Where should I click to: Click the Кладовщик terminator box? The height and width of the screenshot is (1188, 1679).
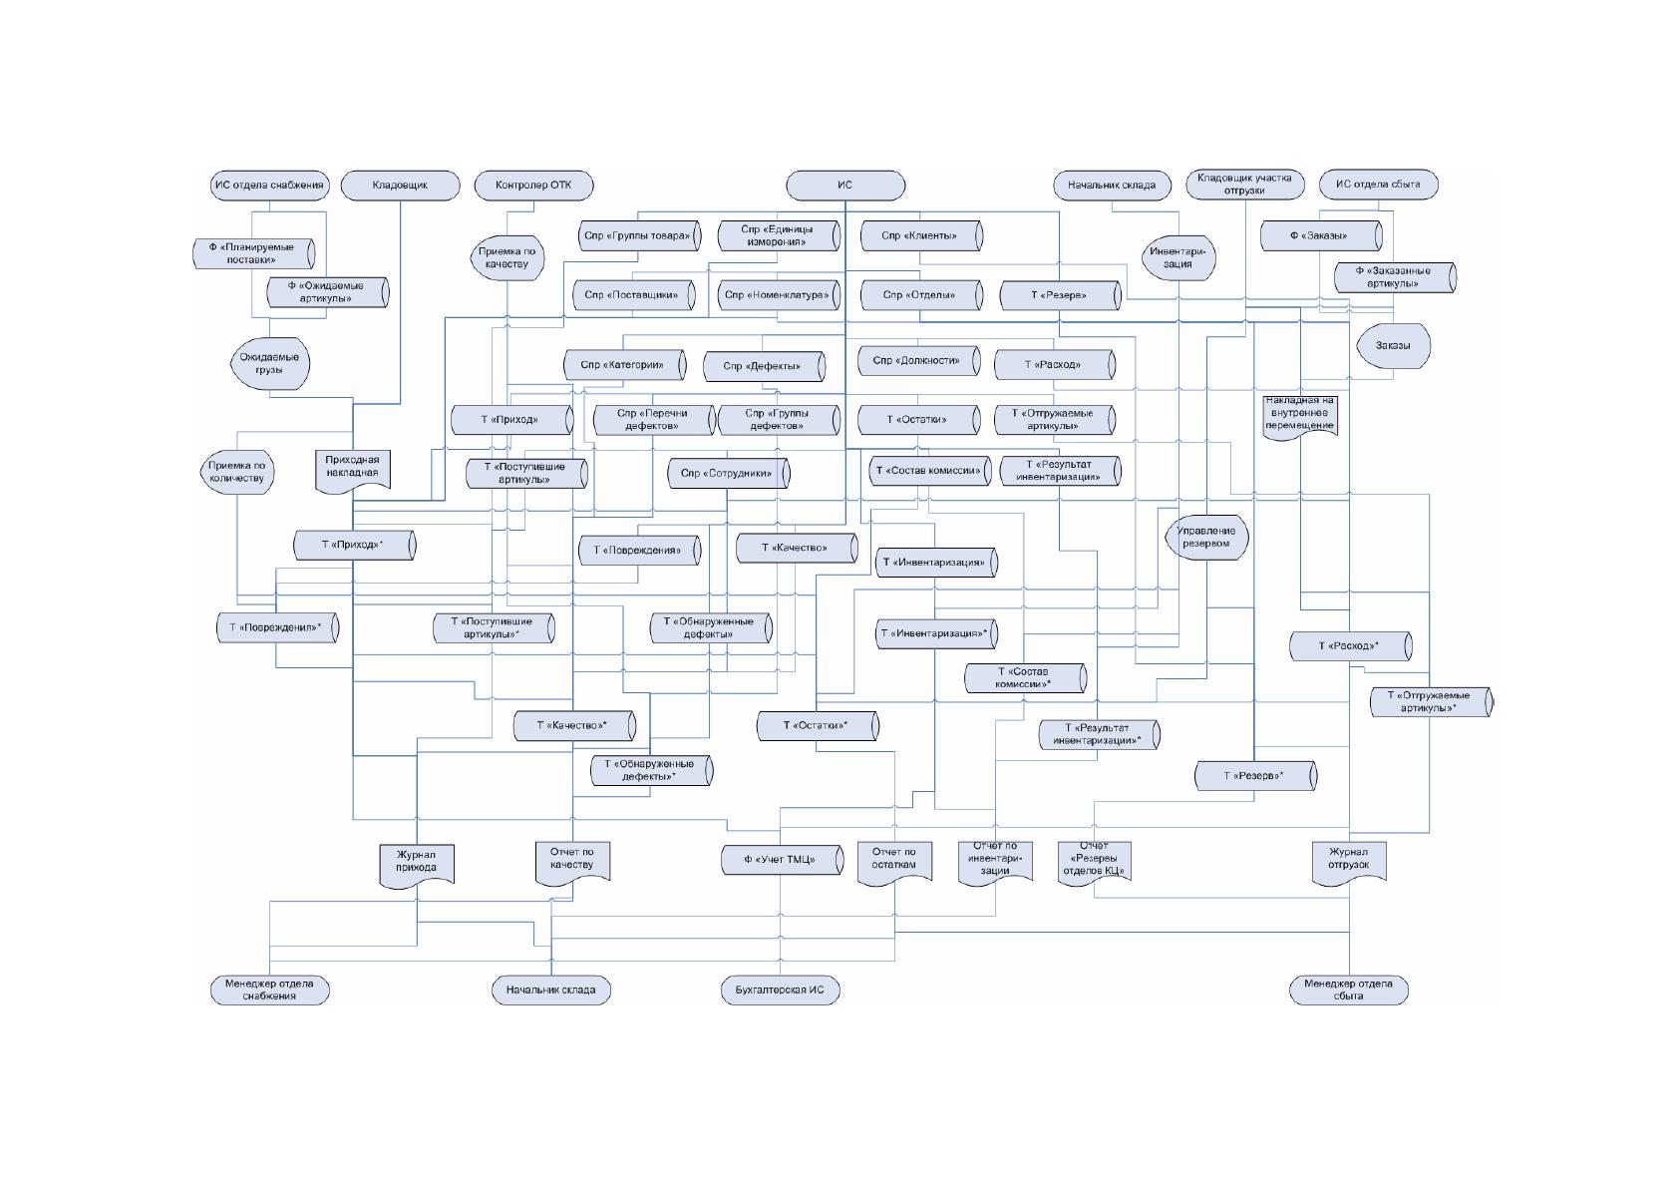point(400,186)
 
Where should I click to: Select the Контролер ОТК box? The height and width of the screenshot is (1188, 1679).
point(533,186)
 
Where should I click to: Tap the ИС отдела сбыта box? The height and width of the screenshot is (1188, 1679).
point(1379,185)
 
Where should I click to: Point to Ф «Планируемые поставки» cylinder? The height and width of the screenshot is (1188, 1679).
point(253,253)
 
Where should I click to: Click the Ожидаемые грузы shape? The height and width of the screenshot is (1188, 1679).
point(270,364)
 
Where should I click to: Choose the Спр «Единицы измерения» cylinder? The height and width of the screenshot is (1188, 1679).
point(779,235)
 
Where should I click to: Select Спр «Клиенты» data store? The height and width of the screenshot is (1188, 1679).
point(921,235)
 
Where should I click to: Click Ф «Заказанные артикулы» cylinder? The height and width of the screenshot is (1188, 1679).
point(1395,277)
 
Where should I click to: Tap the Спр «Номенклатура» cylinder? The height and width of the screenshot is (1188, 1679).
point(779,294)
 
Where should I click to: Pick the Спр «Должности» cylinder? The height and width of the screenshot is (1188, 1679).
point(919,361)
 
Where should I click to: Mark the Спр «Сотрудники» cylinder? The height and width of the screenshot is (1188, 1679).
point(729,473)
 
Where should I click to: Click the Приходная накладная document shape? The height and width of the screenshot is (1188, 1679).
point(352,471)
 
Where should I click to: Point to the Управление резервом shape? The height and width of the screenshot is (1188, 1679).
point(1206,537)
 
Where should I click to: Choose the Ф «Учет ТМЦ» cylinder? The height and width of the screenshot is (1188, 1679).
point(783,860)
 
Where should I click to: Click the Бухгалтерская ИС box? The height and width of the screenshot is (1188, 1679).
point(781,990)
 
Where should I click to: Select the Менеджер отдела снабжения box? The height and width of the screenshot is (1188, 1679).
point(270,990)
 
